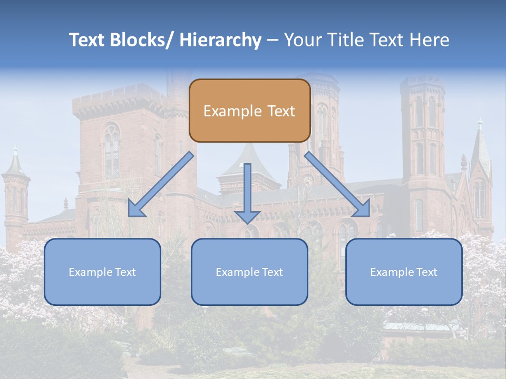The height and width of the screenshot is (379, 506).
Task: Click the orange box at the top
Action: pos(249,111)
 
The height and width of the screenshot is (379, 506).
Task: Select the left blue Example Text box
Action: pos(102,272)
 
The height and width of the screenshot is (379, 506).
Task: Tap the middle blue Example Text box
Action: pos(249,272)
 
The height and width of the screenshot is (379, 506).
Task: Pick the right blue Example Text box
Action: pos(404,272)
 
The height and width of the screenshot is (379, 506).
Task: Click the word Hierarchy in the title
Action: pos(220,40)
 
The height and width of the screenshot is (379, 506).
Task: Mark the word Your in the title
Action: pos(303,40)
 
